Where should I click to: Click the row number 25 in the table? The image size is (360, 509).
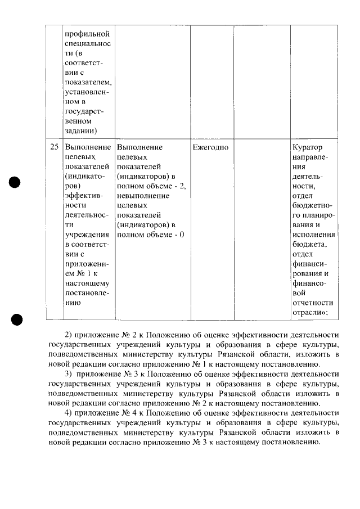point(55,147)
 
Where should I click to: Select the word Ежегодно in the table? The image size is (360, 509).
point(210,147)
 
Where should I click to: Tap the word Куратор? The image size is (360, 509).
point(308,147)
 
